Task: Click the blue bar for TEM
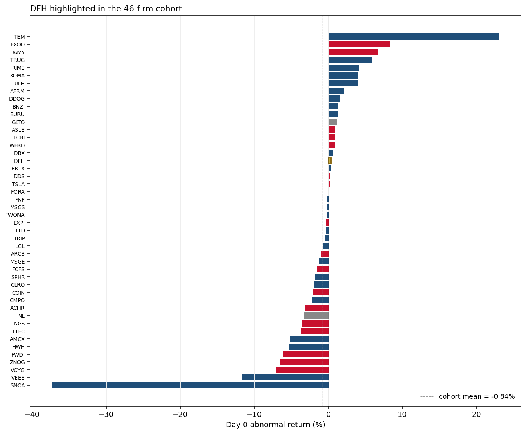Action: [x=413, y=37]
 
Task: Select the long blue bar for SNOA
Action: [x=190, y=385]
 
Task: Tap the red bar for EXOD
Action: [x=359, y=44]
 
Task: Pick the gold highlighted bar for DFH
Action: [x=330, y=161]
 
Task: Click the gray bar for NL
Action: [x=316, y=316]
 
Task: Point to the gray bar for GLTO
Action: [x=333, y=122]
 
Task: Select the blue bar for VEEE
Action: [x=285, y=377]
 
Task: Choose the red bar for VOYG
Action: [x=303, y=370]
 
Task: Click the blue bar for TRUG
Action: [x=351, y=60]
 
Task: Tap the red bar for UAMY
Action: [x=354, y=52]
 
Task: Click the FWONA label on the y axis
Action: [x=15, y=215]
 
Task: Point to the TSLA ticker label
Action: [x=18, y=184]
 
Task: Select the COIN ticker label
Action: [x=18, y=293]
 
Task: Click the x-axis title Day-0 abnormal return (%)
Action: [x=276, y=425]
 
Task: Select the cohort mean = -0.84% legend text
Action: [x=477, y=396]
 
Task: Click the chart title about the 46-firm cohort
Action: [x=106, y=9]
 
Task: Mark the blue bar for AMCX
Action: [x=309, y=339]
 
